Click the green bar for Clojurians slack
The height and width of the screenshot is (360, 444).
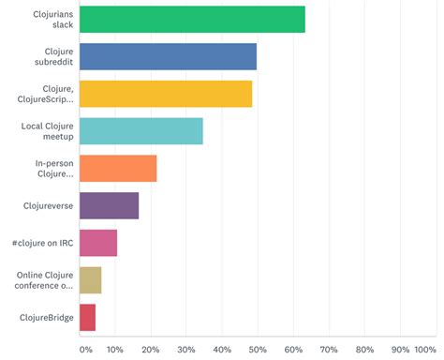192,20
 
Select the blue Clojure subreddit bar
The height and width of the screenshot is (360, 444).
168,56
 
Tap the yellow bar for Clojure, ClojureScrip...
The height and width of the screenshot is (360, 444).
166,94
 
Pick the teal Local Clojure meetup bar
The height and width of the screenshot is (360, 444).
141,131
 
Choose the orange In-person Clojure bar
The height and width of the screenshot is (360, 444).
118,168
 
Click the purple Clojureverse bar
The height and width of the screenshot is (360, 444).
109,205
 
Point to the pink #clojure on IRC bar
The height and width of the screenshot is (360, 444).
98,243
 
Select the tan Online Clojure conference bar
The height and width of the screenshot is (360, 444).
90,280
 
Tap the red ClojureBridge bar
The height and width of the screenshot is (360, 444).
87,317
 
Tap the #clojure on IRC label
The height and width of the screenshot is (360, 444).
43,243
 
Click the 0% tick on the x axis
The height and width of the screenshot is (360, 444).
86,350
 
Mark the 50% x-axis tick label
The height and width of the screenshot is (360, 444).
257,350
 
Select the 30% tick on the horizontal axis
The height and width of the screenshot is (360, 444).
185,350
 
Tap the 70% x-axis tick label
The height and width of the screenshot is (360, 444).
328,350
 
